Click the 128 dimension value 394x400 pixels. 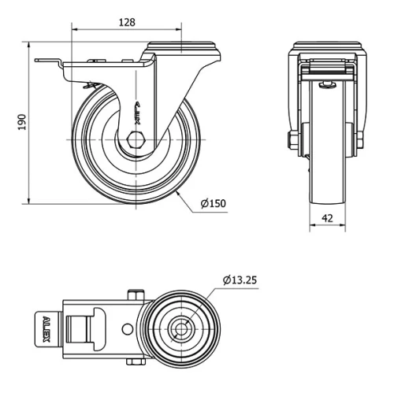click(x=125, y=23)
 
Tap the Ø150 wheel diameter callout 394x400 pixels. click(x=213, y=203)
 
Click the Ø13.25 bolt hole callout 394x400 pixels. click(x=241, y=280)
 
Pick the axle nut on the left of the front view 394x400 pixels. click(x=293, y=141)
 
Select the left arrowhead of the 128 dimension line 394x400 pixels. click(x=75, y=31)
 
